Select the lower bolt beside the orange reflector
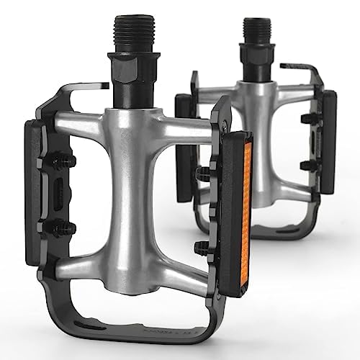tap(204, 249)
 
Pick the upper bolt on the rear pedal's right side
tap(309, 118)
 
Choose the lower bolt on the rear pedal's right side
tap(309, 166)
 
